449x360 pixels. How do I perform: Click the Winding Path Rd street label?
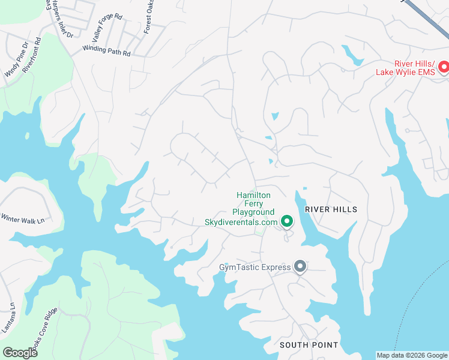[106, 50]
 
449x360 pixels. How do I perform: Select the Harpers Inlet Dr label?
[59, 18]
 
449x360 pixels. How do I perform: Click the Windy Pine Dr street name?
[16, 59]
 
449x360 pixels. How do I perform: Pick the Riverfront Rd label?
[31, 56]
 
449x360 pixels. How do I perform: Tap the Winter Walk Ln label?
[23, 219]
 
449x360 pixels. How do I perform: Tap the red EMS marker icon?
[444, 66]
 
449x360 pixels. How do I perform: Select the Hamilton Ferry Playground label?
[253, 203]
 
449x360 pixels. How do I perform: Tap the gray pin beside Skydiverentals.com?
[287, 222]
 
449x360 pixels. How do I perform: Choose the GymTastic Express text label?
[255, 266]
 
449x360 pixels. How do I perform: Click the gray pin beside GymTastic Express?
[300, 266]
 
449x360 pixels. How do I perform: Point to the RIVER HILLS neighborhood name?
[331, 209]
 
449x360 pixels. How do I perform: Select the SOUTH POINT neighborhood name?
[309, 345]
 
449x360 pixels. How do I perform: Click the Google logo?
[20, 352]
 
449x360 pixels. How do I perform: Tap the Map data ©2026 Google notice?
[412, 355]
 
